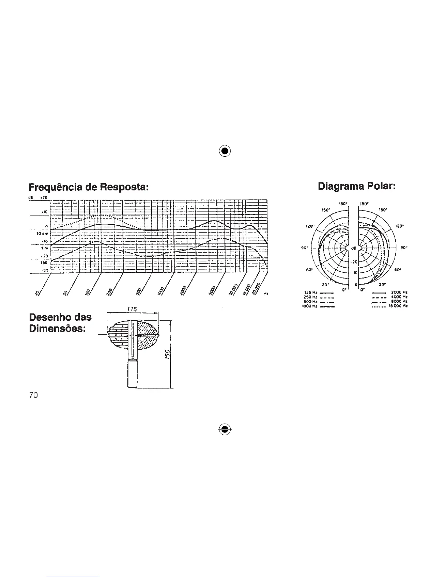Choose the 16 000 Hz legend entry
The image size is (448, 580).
tap(400, 305)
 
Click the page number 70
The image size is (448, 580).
tap(33, 395)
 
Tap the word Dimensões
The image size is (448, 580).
tap(57, 329)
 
